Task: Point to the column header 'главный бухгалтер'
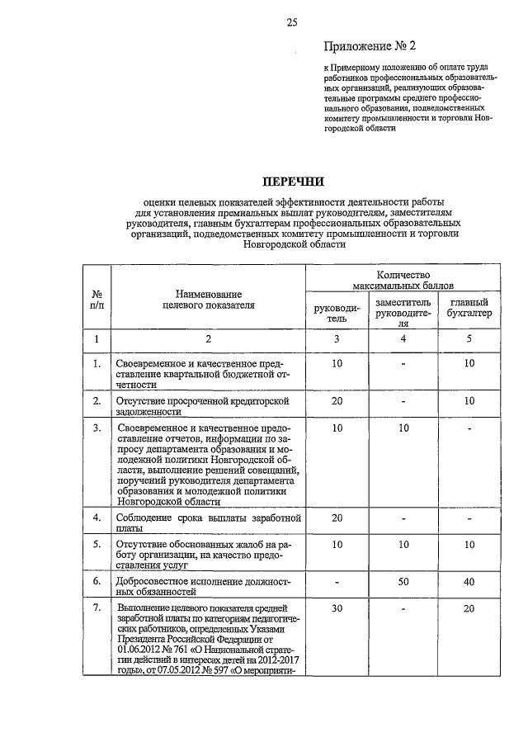[x=469, y=308]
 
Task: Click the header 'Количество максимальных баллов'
[x=403, y=279]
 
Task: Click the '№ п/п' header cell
[x=97, y=299]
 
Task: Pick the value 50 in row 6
[x=403, y=583]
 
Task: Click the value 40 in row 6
[x=469, y=583]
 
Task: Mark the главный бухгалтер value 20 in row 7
[x=469, y=609]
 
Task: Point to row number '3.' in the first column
[x=97, y=428]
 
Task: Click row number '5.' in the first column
[x=97, y=544]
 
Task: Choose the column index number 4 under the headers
[x=403, y=339]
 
